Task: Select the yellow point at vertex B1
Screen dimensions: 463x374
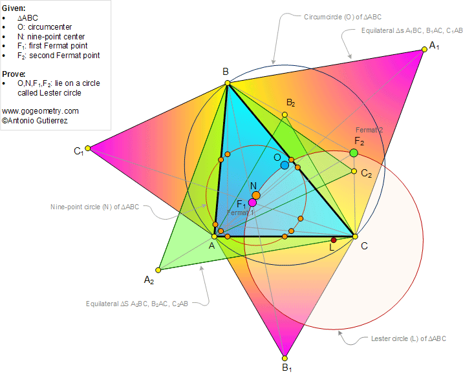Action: coord(284,358)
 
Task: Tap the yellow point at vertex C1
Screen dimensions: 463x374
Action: coord(88,149)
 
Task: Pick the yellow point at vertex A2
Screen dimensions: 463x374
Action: coord(158,270)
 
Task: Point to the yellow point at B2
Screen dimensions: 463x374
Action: coord(285,115)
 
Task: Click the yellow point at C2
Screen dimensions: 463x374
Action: coord(354,171)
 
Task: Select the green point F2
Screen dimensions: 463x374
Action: coord(354,152)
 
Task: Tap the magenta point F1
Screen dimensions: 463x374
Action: coord(252,202)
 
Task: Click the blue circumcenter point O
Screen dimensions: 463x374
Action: coord(285,165)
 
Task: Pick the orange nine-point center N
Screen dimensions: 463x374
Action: coord(256,195)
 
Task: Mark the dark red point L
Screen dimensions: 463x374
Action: coord(334,240)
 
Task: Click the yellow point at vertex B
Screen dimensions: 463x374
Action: coord(227,83)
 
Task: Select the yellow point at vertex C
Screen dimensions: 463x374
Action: coord(354,236)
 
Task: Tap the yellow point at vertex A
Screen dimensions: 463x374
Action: coord(215,236)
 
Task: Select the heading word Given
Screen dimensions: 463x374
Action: coord(14,7)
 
